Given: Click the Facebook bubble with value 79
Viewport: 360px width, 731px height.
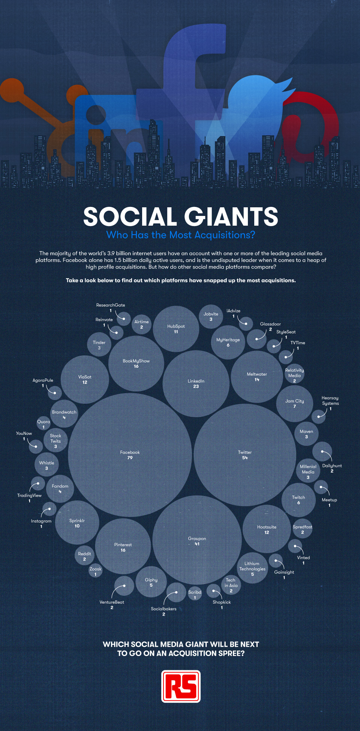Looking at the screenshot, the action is [130, 455].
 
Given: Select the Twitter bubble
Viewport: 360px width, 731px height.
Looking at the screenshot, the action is [245, 455].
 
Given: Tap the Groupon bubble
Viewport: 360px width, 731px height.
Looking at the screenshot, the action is [197, 541].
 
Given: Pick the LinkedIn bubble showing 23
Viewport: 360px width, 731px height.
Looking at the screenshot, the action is [196, 383].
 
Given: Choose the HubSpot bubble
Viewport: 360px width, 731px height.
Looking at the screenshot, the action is [176, 329].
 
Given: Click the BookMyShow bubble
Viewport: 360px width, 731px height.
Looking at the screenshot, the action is [136, 364].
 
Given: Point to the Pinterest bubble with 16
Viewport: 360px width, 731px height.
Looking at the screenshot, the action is [123, 547].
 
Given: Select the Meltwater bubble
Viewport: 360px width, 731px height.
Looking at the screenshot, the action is [257, 377].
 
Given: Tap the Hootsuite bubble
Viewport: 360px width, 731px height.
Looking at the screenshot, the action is [267, 529].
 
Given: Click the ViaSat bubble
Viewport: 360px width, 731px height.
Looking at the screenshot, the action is [85, 379].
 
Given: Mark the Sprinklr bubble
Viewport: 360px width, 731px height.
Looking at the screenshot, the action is [77, 523].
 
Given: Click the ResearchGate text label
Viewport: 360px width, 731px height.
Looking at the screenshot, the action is [111, 305].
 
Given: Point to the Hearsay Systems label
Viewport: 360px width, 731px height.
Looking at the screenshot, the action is [330, 401].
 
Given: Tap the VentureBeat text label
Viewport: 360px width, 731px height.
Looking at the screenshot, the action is [112, 602].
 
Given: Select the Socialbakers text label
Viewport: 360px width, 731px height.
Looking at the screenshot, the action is [163, 609].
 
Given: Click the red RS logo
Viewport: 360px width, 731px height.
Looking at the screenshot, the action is [181, 686].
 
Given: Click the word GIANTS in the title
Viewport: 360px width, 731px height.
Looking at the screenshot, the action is [231, 217].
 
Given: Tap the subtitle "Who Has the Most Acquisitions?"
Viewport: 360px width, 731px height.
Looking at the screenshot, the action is [181, 235].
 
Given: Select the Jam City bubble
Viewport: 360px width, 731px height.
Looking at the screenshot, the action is [294, 404].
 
